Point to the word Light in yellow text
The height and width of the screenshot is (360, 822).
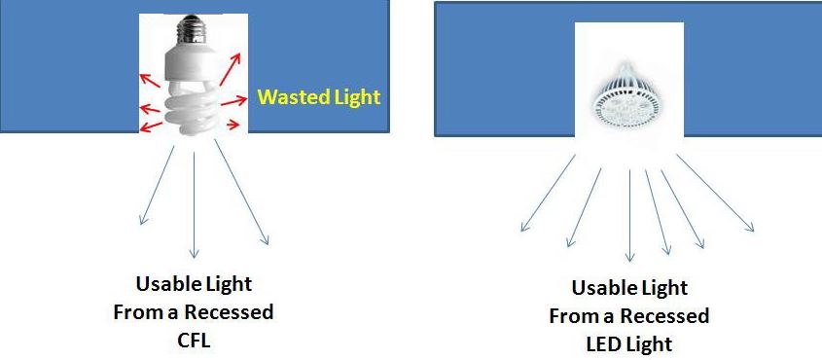pos(355,98)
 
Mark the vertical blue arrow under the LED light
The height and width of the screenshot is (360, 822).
pos(629,214)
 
